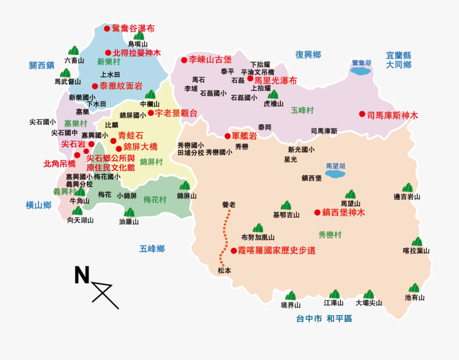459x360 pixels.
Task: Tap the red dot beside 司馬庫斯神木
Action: point(362,114)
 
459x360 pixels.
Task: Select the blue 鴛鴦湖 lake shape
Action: point(362,71)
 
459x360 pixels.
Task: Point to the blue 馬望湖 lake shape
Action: point(336,174)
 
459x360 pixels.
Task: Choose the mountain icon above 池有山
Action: point(414,288)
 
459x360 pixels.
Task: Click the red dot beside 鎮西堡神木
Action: point(317,212)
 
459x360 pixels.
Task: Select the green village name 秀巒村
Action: point(329,235)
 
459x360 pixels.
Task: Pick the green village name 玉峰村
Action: point(302,110)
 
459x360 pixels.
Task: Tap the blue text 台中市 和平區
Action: point(324,319)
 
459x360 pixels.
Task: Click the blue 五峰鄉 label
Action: point(152,249)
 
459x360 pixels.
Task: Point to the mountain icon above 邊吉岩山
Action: point(407,188)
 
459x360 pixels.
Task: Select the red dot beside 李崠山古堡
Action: point(184,60)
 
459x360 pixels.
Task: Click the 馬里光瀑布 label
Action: point(275,80)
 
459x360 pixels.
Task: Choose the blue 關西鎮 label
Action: point(42,65)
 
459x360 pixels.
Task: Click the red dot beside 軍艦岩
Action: point(227,136)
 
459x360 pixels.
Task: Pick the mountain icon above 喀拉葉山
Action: point(417,242)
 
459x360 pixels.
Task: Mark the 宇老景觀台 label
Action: point(176,113)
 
